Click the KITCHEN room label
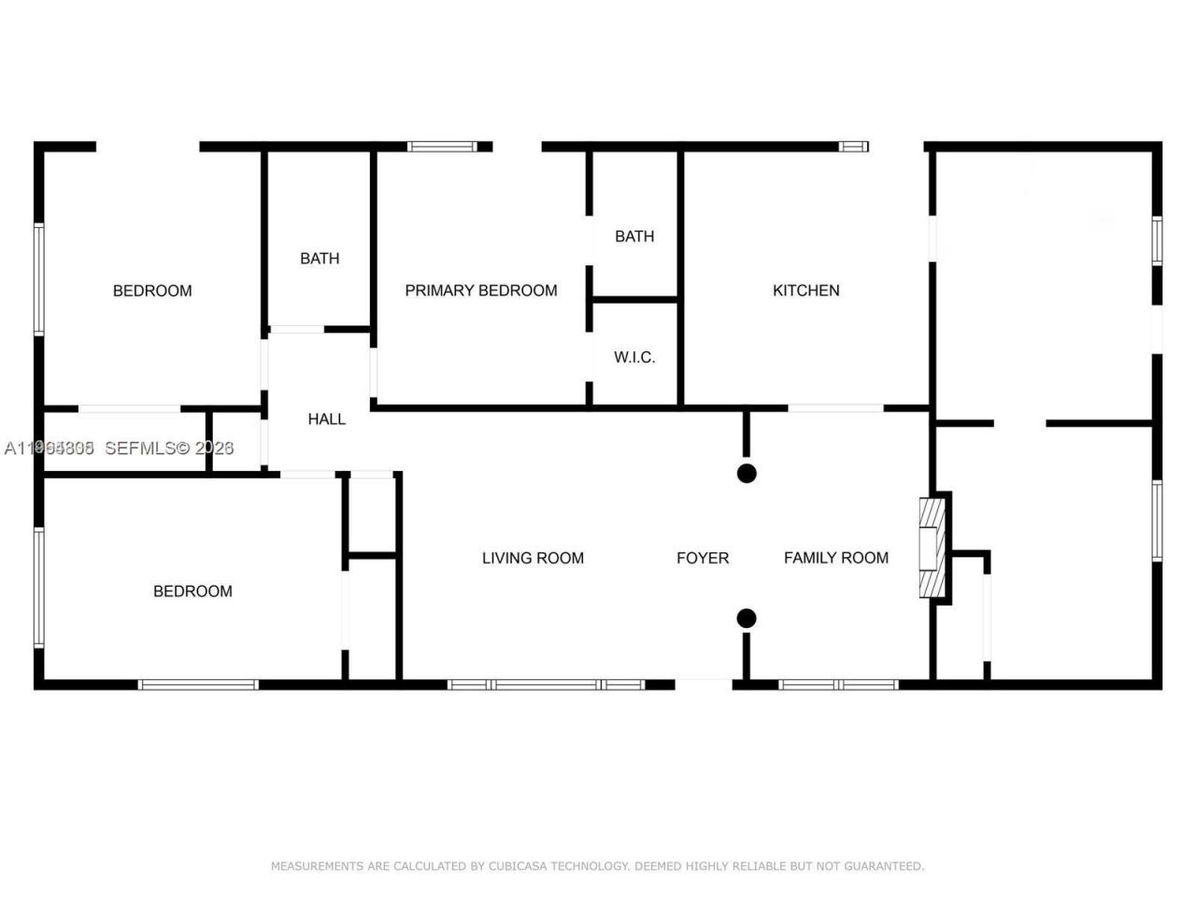[805, 291]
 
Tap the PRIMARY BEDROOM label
[480, 291]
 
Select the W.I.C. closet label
[634, 357]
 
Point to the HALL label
[327, 419]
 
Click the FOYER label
[703, 558]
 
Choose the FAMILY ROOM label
[835, 558]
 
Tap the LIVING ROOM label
[533, 558]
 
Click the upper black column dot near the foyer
[747, 473]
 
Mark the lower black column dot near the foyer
[747, 618]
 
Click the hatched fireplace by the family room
[933, 548]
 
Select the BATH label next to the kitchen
[634, 236]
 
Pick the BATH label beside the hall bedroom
[320, 258]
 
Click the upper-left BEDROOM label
[152, 291]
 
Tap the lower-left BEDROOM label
[192, 591]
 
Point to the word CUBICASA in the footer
[523, 866]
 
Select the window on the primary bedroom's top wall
[443, 147]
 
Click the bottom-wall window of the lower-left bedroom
[198, 685]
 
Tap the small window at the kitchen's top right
[854, 147]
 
